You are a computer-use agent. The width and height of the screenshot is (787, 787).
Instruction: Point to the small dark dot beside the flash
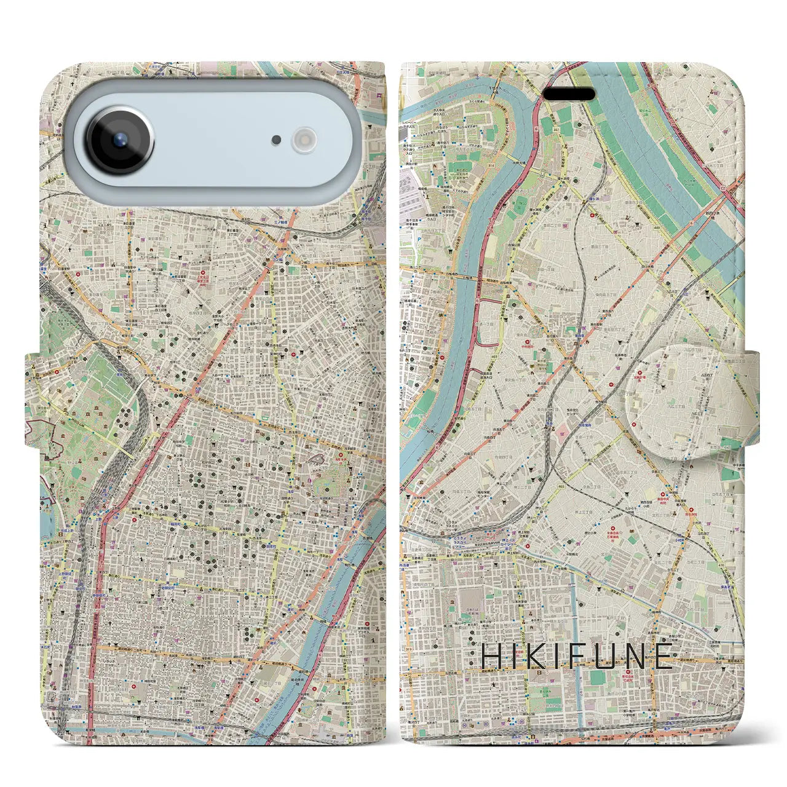(277, 140)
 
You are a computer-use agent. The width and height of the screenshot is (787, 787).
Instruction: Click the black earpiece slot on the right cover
(568, 95)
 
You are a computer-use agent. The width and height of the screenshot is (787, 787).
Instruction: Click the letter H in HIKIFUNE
(491, 657)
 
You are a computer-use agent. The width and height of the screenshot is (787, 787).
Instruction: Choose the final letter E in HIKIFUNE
(663, 657)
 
